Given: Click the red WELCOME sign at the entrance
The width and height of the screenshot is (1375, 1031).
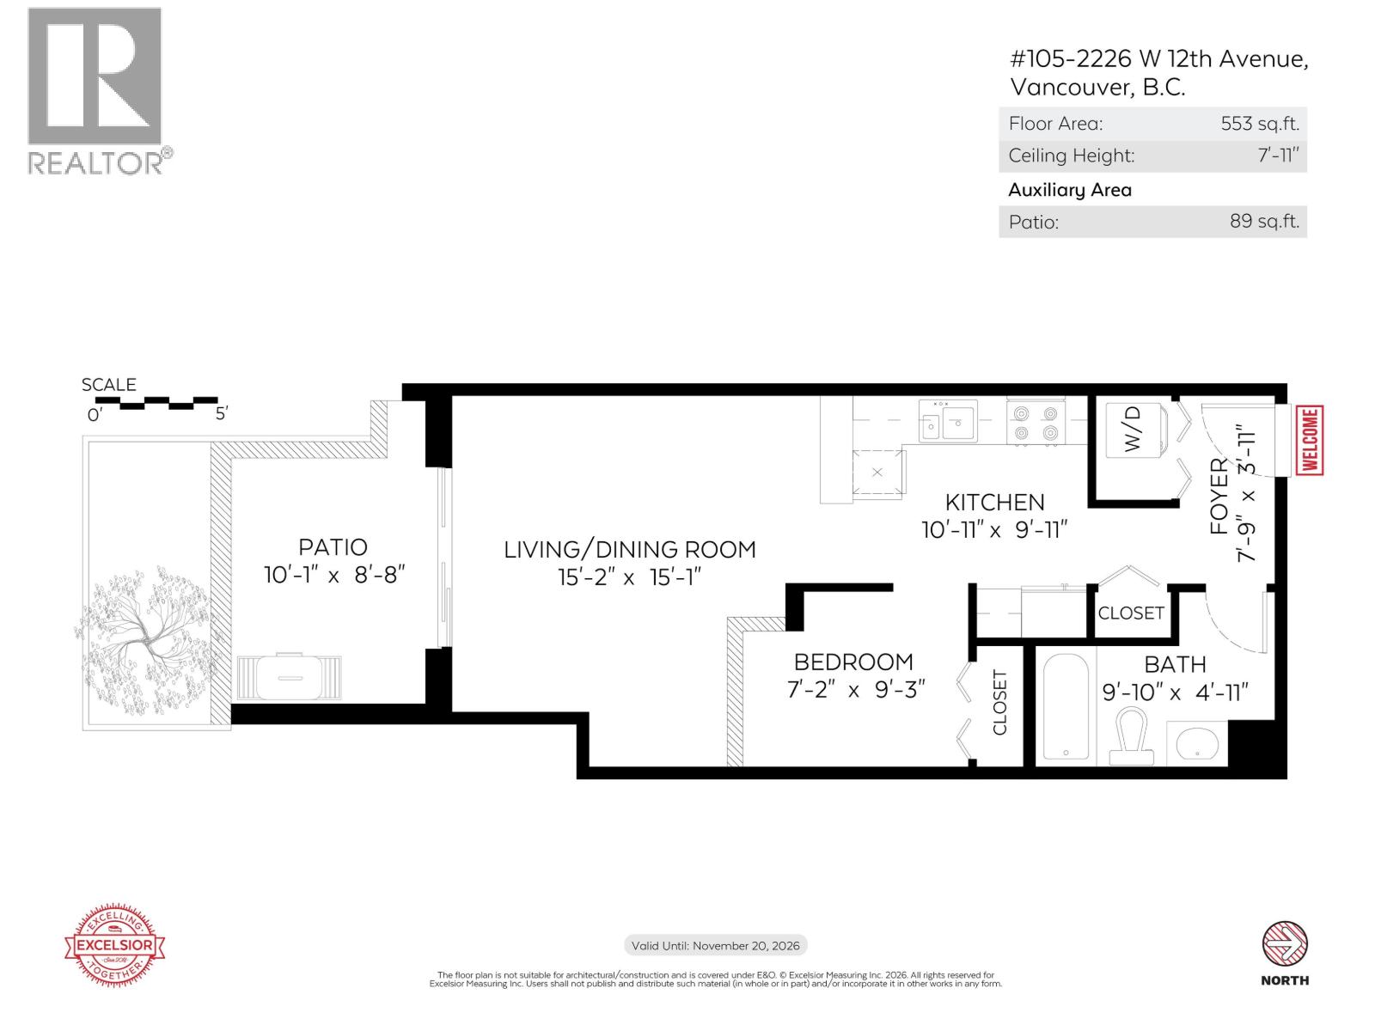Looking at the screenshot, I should tap(1310, 441).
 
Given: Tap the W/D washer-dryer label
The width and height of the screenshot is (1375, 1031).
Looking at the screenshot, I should tap(1133, 429).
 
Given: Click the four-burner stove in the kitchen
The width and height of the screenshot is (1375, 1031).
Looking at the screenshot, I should tap(1036, 423).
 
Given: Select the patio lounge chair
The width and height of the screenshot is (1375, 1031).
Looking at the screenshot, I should tap(289, 677).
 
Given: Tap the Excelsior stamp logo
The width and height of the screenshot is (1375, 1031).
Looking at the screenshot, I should tap(115, 946).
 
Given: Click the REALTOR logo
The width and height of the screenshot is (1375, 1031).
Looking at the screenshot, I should tap(95, 90).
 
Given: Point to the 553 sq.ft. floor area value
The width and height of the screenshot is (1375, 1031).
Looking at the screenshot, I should tap(1259, 124).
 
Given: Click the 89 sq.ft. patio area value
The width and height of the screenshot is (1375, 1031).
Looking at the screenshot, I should tap(1263, 222).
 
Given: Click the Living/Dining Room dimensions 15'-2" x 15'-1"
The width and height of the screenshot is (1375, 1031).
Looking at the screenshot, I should tap(629, 577).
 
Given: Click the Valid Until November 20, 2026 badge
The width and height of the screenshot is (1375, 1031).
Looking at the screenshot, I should tap(715, 946).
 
